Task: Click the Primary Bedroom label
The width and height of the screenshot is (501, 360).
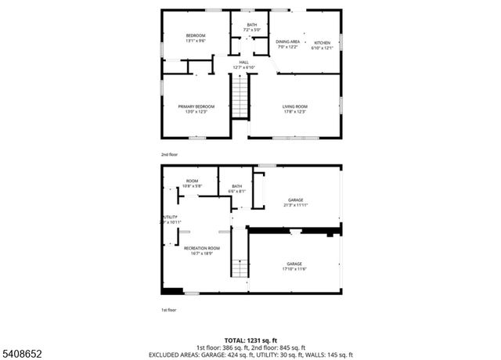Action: (196, 106)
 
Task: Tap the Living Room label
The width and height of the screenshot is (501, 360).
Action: (294, 106)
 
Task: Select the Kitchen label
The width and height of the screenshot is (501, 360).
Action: (322, 42)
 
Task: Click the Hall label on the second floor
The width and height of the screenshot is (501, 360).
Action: (243, 62)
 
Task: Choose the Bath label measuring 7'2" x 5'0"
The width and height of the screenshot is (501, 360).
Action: (251, 25)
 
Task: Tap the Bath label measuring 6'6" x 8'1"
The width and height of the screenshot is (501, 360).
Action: (236, 186)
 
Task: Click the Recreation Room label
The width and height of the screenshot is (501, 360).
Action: (201, 248)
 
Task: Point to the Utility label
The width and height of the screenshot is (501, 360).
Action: (170, 217)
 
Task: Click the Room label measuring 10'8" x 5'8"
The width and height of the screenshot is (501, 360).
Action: (192, 181)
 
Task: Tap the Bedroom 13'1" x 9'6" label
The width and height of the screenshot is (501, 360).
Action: (195, 36)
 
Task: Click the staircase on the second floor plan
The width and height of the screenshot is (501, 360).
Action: (240, 100)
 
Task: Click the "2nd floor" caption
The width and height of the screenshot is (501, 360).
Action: (170, 155)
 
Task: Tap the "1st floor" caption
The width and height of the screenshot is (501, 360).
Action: (169, 310)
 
